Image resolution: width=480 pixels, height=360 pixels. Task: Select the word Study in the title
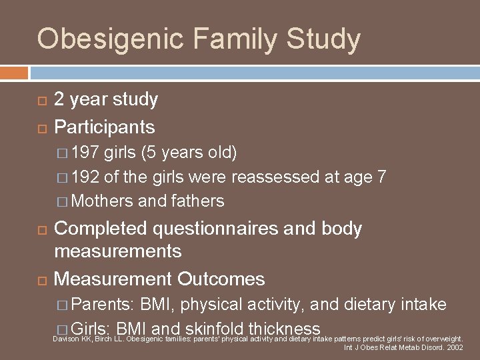323,39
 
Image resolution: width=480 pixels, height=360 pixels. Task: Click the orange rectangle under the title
14,72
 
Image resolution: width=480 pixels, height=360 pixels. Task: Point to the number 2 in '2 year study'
59,100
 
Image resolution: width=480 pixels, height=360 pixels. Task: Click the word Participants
104,127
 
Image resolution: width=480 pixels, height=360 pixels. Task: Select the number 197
85,153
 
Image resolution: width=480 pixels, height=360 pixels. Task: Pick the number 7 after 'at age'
381,177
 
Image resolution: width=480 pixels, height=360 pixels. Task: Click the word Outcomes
221,279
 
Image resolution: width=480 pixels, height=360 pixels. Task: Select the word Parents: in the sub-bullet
103,305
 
